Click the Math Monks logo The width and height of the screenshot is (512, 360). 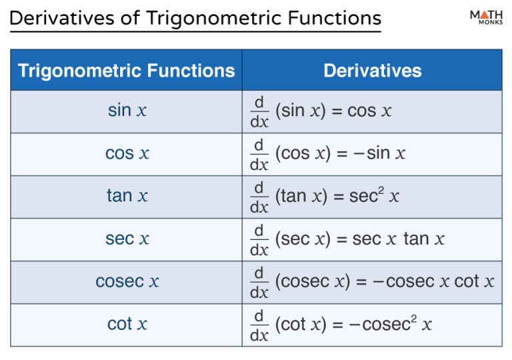486,17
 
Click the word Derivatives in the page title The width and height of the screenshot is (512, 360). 62,18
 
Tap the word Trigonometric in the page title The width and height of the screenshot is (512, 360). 214,19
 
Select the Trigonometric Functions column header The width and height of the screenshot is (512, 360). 127,71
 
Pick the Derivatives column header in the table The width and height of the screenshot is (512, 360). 373,71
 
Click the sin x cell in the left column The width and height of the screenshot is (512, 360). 127,111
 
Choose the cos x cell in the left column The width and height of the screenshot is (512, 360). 127,153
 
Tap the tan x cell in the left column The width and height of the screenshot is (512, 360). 127,196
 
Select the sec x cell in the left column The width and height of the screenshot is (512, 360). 127,239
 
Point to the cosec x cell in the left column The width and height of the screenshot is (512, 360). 127,281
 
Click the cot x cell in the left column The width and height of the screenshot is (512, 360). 127,324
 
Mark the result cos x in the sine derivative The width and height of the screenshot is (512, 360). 369,111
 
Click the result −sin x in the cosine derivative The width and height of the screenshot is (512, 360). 379,153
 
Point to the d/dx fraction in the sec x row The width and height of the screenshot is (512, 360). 259,240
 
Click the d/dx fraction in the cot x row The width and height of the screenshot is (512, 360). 259,325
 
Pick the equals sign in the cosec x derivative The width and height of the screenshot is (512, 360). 361,282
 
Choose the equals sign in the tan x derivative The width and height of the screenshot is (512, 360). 338,197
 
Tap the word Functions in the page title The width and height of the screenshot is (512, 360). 335,18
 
